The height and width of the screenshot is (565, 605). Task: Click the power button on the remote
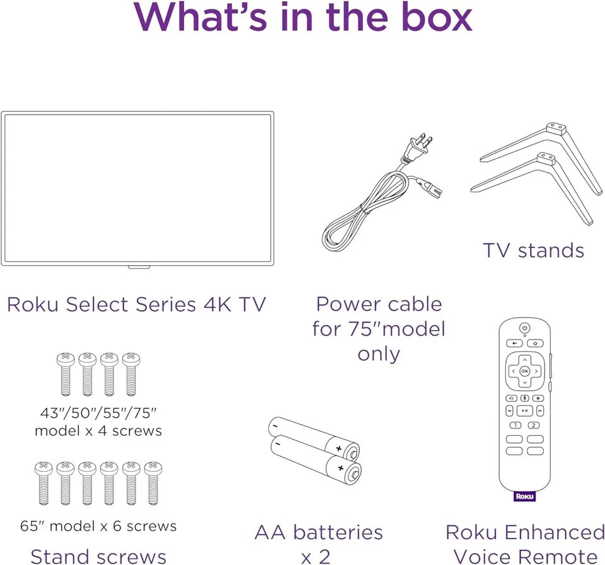click(x=524, y=328)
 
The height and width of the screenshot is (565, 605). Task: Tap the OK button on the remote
click(x=524, y=371)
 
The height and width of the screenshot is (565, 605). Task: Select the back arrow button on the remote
click(x=514, y=343)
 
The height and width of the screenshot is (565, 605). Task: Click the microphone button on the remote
click(x=524, y=398)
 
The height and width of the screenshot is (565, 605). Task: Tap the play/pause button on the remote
click(x=524, y=411)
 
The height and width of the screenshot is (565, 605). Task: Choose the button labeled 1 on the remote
click(x=516, y=425)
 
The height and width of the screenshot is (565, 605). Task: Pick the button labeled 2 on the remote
click(x=534, y=425)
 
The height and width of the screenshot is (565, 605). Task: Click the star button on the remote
click(x=538, y=398)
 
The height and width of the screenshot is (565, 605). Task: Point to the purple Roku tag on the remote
click(x=524, y=496)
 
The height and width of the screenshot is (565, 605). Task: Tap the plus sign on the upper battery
click(x=339, y=448)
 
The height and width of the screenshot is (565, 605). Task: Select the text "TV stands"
click(x=533, y=251)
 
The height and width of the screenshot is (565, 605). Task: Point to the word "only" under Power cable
click(x=379, y=353)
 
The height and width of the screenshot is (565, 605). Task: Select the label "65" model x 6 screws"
click(x=98, y=525)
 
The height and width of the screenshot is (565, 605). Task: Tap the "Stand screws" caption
click(x=98, y=557)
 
